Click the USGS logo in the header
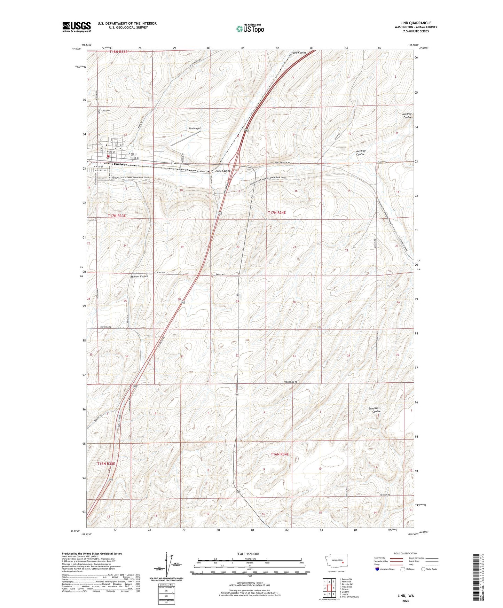pos(77,27)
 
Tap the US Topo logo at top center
pos(250,29)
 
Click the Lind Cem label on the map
pos(106,111)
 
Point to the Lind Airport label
pos(195,128)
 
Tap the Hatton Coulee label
pos(139,276)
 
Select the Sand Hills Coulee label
pos(375,410)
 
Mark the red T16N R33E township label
pos(106,464)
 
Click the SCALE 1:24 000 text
pos(247,554)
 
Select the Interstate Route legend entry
pos(385,569)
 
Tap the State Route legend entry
pos(429,569)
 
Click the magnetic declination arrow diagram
pos(170,567)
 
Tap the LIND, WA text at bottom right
pos(406,596)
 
